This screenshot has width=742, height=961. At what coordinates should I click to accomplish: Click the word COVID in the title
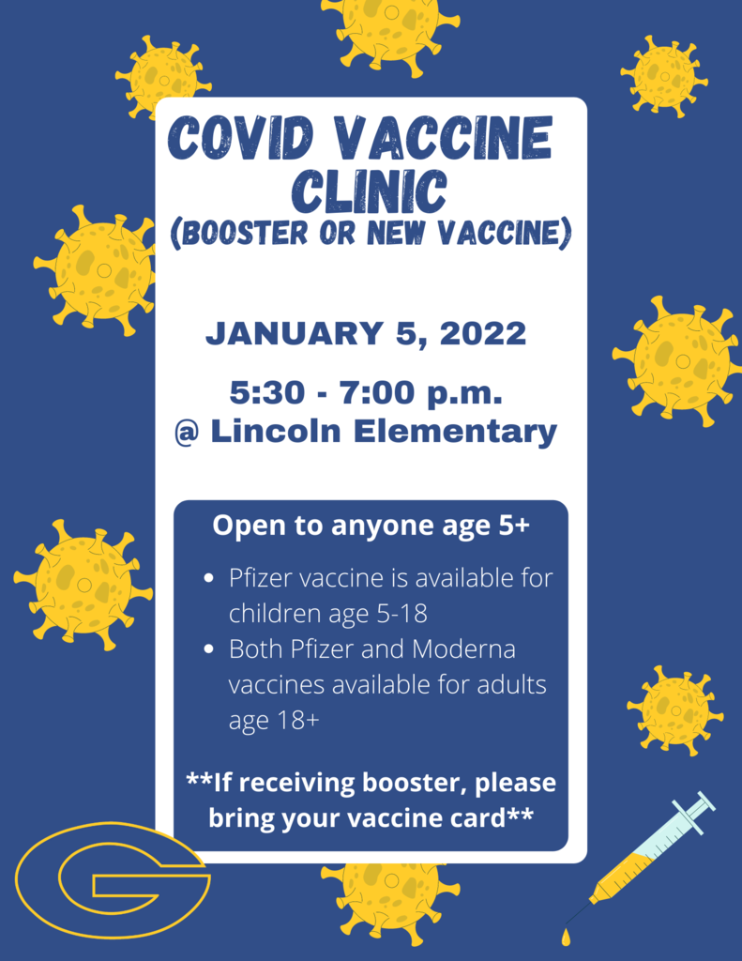[241, 138]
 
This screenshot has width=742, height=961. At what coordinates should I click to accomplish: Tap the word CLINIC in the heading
[370, 191]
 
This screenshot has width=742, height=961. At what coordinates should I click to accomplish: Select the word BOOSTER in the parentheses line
[245, 233]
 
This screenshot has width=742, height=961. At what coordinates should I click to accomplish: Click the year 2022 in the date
[483, 333]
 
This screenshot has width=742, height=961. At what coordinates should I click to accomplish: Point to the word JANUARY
[295, 333]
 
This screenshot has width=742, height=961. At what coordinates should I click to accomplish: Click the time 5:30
[267, 392]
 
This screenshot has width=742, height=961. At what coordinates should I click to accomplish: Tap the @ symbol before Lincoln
[187, 433]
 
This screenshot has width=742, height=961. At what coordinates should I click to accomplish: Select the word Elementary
[455, 433]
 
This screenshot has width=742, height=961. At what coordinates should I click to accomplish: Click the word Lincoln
[275, 431]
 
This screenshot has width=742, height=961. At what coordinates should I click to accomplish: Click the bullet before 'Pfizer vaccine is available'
[209, 578]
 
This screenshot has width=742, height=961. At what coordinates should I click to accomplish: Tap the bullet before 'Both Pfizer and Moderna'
[209, 649]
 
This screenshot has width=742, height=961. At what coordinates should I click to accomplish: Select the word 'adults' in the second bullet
[512, 684]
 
